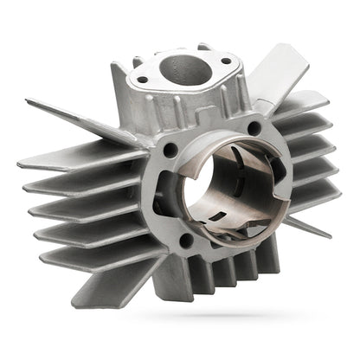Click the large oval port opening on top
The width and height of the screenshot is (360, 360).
pyautogui.click(x=180, y=69)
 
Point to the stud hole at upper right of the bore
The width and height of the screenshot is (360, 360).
pyautogui.click(x=254, y=128)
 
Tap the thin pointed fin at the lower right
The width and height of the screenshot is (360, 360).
pyautogui.click(x=307, y=227)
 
